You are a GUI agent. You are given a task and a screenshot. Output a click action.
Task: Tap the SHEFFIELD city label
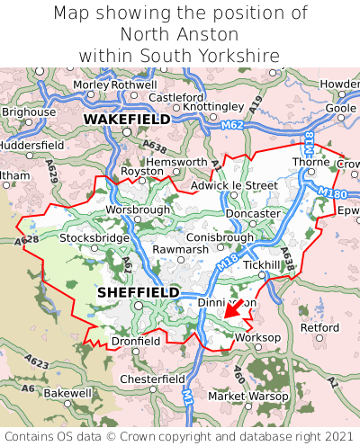(x=138, y=293)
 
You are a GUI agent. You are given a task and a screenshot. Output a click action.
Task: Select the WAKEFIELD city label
(x=126, y=119)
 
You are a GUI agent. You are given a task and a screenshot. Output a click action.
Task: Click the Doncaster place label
(x=253, y=213)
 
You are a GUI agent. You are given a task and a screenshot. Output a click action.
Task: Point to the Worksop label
(x=257, y=337)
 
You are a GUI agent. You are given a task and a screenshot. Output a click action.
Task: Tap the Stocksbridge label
(x=94, y=238)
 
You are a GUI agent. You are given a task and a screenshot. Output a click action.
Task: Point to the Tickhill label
(x=262, y=265)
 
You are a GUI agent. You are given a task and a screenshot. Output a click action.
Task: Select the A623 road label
(x=37, y=362)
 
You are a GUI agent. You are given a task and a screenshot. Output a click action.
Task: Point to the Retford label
(x=319, y=327)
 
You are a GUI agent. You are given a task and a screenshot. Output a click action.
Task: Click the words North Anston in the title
(x=180, y=34)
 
